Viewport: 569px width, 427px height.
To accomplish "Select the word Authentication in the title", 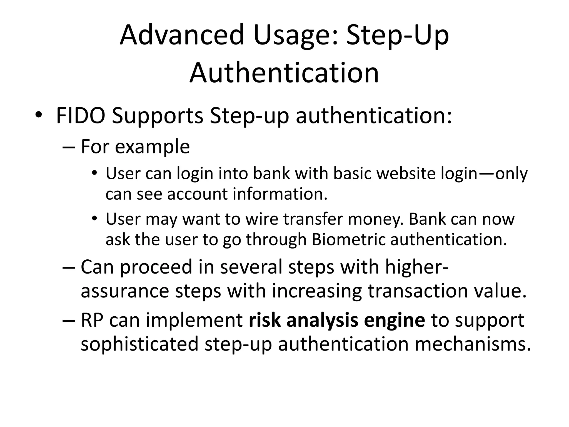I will coord(284,73).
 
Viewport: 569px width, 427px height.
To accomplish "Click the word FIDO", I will coord(81,116).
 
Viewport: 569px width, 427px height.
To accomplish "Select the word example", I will coord(152,147).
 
